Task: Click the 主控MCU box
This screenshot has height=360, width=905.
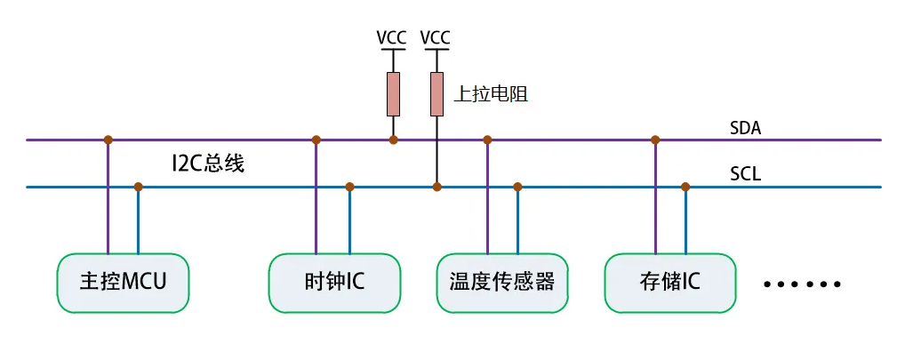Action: (x=124, y=283)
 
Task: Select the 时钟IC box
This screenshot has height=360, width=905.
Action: (x=334, y=283)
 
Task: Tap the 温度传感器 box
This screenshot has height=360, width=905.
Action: (x=502, y=283)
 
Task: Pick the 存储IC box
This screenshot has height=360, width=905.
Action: (x=670, y=283)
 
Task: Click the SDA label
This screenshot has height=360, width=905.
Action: (x=745, y=129)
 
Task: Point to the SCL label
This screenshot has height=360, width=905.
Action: (x=745, y=174)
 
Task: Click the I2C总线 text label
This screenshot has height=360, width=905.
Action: (x=207, y=164)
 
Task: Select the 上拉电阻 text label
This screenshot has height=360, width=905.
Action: (x=491, y=94)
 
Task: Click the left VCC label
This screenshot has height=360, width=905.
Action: (x=393, y=38)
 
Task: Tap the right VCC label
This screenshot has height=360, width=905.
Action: (x=436, y=38)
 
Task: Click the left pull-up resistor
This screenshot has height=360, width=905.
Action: (x=393, y=94)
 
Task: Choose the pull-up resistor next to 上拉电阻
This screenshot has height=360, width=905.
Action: (x=436, y=94)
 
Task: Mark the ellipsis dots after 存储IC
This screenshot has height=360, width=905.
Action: (x=802, y=284)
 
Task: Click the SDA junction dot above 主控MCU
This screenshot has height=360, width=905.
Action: (x=108, y=140)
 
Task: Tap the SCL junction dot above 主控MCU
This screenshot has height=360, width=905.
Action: (x=138, y=187)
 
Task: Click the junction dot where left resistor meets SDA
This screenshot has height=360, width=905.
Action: (x=393, y=140)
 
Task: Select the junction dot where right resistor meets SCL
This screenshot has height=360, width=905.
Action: (x=436, y=187)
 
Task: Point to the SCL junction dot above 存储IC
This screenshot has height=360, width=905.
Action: (x=685, y=187)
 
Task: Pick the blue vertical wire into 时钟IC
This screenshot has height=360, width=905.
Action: (x=349, y=222)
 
